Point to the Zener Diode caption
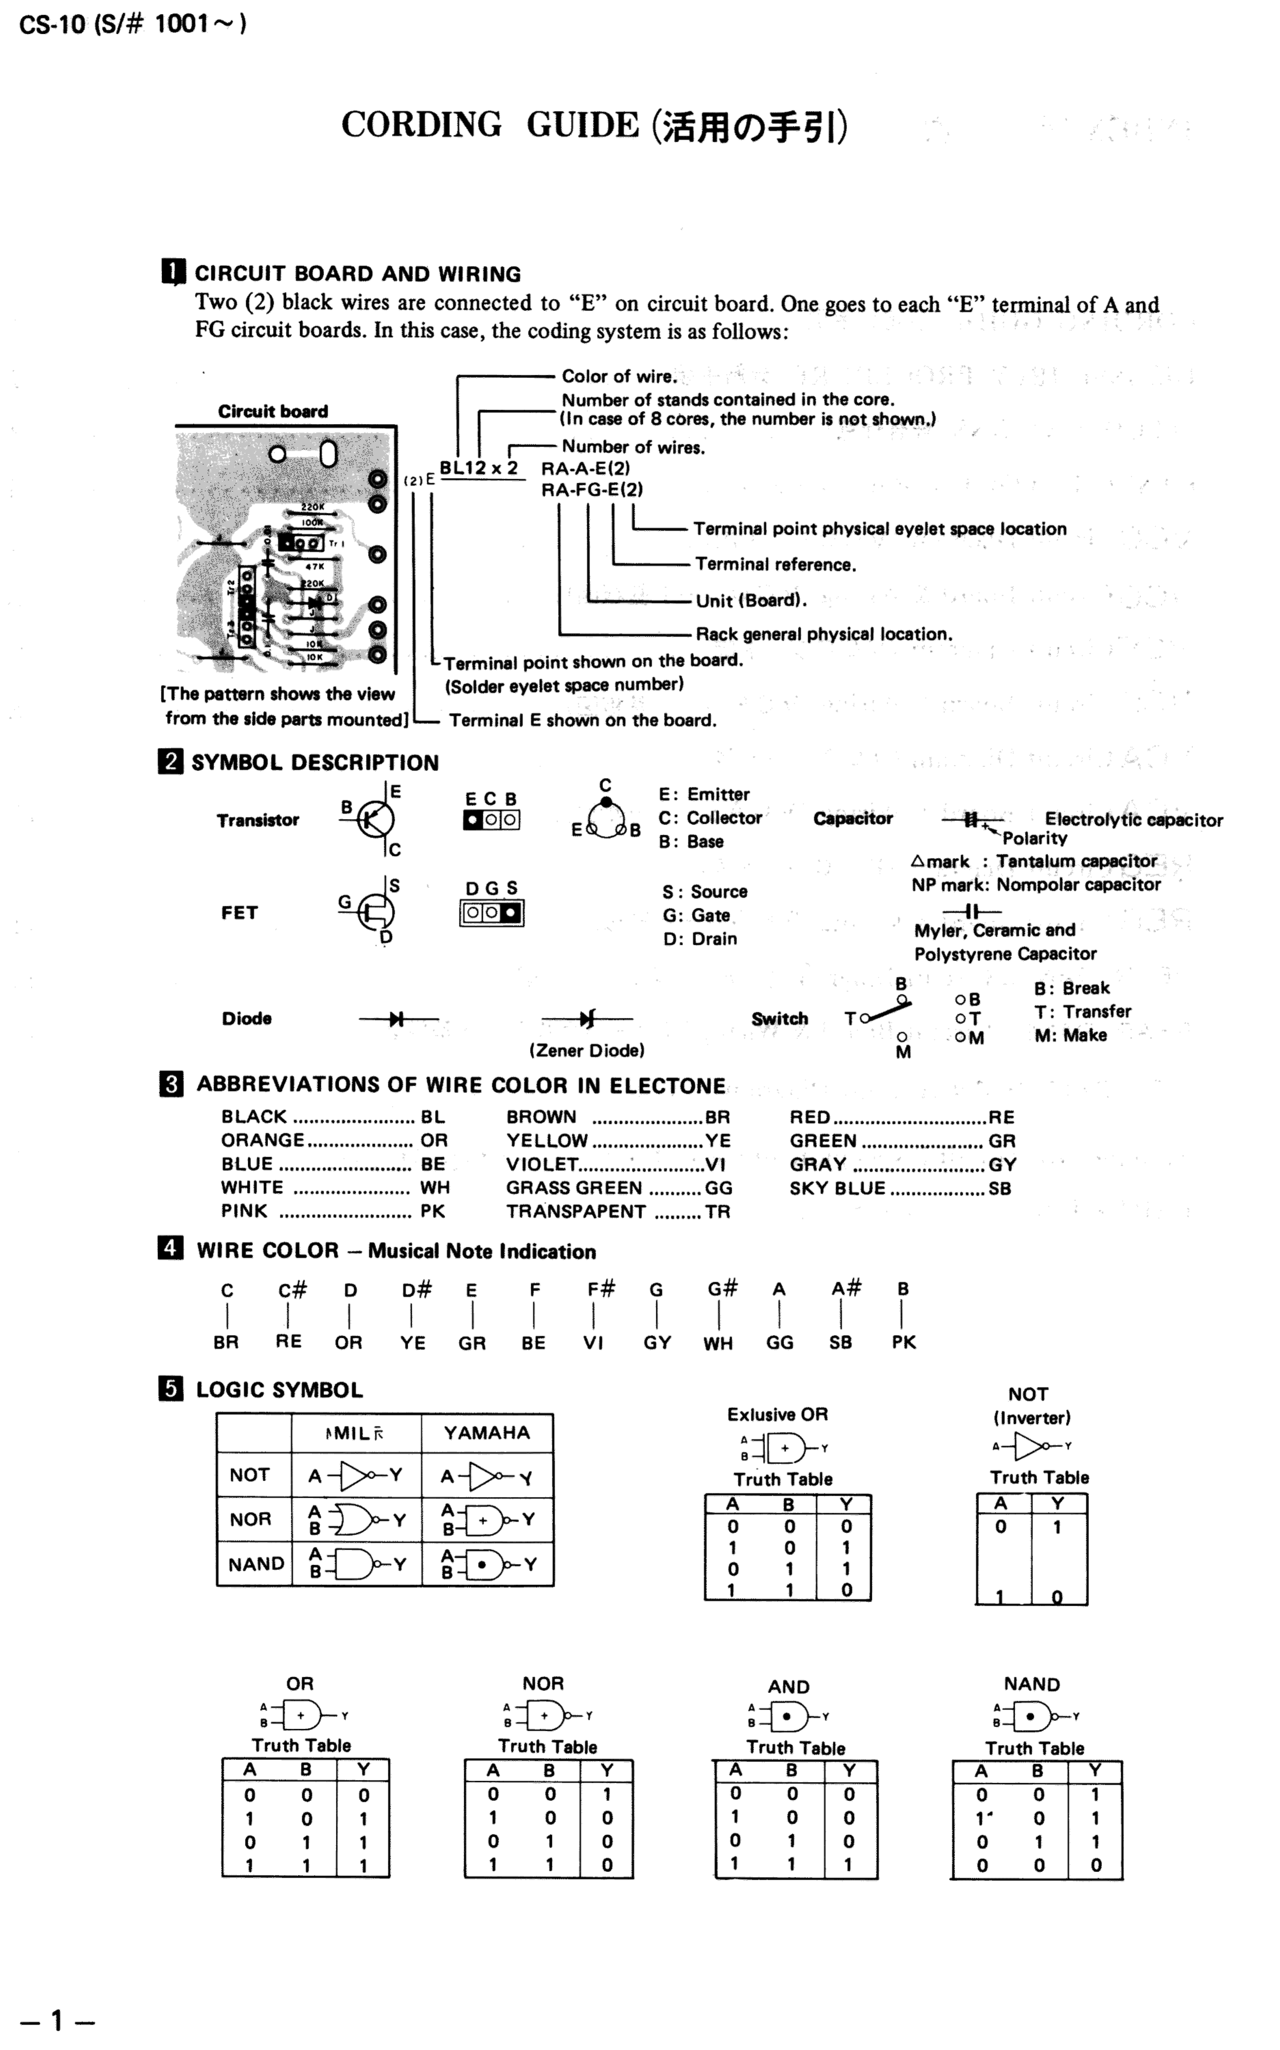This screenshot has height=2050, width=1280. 587,1050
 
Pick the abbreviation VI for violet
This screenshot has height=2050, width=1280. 715,1164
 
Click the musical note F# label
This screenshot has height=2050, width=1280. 601,1289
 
